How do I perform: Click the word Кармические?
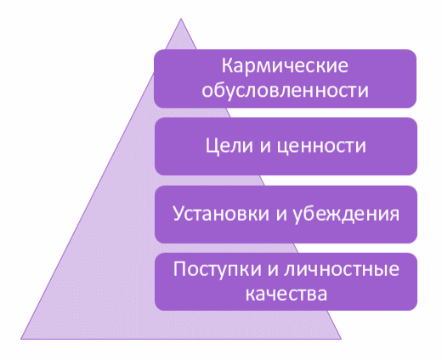[x=285, y=65]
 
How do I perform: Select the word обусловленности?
[x=285, y=91]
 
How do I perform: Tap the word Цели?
[x=229, y=146]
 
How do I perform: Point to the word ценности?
[x=321, y=147]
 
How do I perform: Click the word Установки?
[x=221, y=214]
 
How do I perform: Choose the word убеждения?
[x=346, y=214]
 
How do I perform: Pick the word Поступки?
[x=218, y=269]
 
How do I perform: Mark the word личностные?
[x=342, y=269]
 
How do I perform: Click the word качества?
[x=286, y=295]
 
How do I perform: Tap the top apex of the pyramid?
[x=181, y=19]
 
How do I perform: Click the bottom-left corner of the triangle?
[x=21, y=339]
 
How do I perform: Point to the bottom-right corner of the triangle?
[x=341, y=339]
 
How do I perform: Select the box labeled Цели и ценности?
[x=286, y=146]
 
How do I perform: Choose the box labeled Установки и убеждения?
[x=286, y=214]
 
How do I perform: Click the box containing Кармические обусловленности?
[x=286, y=78]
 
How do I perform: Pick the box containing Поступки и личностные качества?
[x=286, y=282]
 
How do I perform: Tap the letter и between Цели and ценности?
[x=265, y=148]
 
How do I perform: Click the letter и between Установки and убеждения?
[x=281, y=214]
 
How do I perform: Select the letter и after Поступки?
[x=273, y=269]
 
